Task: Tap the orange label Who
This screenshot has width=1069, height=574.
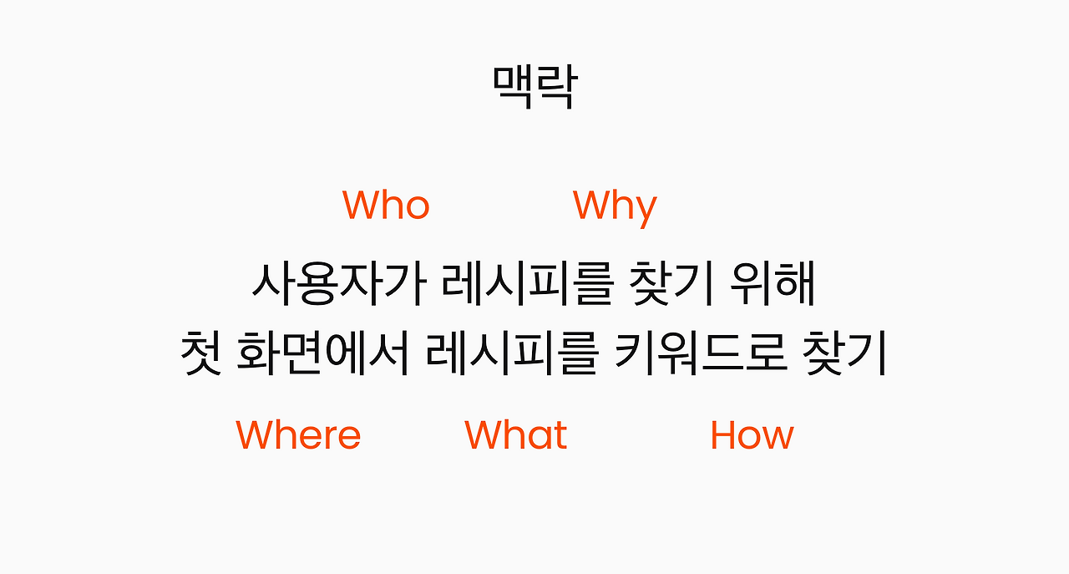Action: tap(386, 205)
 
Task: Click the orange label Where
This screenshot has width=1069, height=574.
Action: tap(298, 434)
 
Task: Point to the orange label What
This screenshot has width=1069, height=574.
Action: tap(515, 434)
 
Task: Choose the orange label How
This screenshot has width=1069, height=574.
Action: tap(752, 434)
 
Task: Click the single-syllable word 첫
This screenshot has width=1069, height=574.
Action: tap(201, 354)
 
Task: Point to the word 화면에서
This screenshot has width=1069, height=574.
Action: tap(324, 354)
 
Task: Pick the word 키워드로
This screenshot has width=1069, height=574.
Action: tap(701, 354)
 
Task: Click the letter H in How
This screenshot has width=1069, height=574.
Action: tap(722, 434)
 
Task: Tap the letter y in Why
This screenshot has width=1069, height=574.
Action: tap(645, 210)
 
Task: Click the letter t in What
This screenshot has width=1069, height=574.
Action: tap(560, 434)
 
